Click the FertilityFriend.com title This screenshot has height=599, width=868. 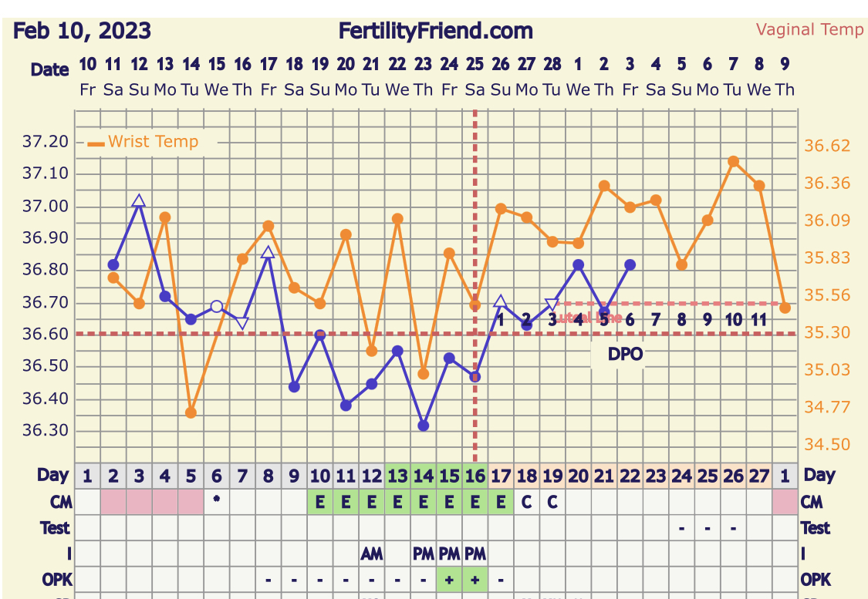[x=435, y=32]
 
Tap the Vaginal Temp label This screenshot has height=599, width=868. [x=809, y=30]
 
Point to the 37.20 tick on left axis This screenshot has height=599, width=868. [x=47, y=142]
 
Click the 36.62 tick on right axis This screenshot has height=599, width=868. [x=826, y=146]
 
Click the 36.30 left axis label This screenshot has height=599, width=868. [x=47, y=430]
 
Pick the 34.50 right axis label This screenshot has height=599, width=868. [x=826, y=444]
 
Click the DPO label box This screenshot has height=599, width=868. [x=624, y=353]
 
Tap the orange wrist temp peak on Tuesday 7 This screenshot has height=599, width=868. [x=733, y=162]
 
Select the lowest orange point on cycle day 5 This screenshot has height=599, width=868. [x=191, y=412]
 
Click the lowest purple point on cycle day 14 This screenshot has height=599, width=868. [x=423, y=426]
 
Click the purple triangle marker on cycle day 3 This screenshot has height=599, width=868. [x=139, y=202]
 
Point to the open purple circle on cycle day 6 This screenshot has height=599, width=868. [x=217, y=306]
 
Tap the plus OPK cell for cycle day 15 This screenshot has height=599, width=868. [x=449, y=579]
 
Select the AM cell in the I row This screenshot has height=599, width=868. [x=371, y=553]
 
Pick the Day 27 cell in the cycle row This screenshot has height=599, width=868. [x=759, y=476]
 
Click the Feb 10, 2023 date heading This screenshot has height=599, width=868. [x=82, y=32]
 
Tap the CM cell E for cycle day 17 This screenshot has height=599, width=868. [x=501, y=502]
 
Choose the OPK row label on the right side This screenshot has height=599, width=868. [x=816, y=579]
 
